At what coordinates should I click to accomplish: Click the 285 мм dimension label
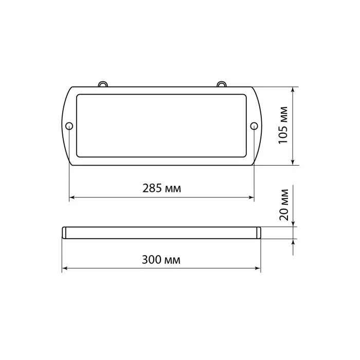coord(161,188)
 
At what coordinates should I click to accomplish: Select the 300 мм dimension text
coord(161,260)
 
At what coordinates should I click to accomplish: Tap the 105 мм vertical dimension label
coord(283,125)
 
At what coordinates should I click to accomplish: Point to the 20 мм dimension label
coord(284,205)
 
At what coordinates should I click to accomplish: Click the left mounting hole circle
coord(69,126)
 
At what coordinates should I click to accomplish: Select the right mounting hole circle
coord(254,126)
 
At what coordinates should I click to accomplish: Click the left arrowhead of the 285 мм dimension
coord(72,197)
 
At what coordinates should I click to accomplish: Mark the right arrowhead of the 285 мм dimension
coord(251,197)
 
